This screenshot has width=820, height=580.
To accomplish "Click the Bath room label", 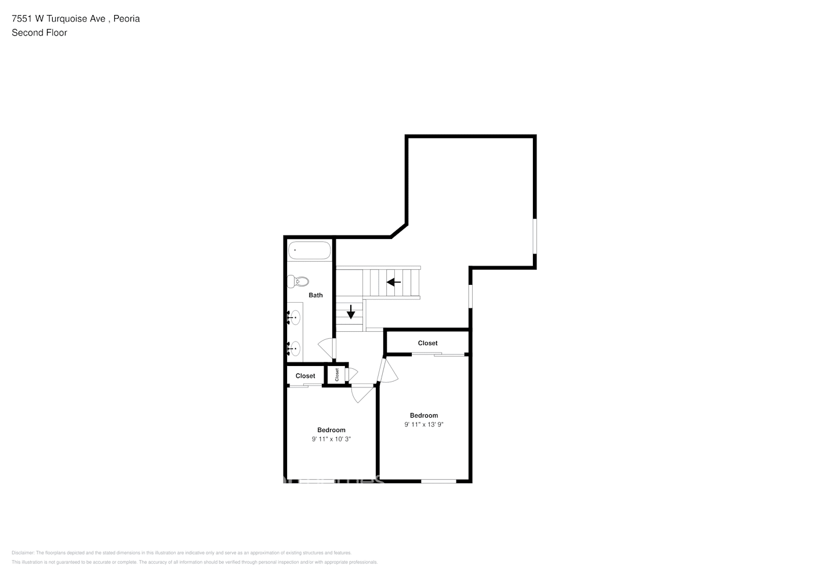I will click(x=315, y=295).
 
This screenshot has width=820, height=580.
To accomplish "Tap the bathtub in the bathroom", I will click(x=310, y=251).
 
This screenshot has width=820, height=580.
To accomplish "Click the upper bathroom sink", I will click(x=295, y=317).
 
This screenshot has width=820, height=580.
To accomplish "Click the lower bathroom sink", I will click(x=295, y=349).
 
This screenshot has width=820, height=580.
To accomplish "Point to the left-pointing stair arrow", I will click(x=394, y=282).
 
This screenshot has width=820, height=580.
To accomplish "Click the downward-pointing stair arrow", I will click(x=351, y=311).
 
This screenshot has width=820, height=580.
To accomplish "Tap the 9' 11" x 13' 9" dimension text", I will click(x=424, y=425).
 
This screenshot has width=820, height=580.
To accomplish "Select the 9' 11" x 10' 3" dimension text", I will click(x=331, y=439).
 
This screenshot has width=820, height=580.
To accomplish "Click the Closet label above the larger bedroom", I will click(x=428, y=343).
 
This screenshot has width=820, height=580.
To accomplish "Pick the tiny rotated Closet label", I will click(x=337, y=375).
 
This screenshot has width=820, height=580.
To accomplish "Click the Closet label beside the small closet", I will click(x=306, y=376).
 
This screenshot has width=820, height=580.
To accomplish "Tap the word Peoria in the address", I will click(x=126, y=19).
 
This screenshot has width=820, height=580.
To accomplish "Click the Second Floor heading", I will click(x=39, y=32).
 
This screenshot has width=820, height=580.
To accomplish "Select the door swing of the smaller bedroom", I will click(x=364, y=393).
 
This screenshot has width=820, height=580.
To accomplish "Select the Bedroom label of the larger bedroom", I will click(x=424, y=415).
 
